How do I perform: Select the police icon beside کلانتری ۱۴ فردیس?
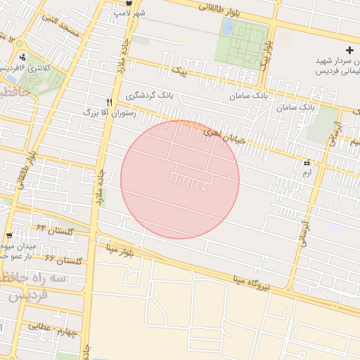tap(23, 57)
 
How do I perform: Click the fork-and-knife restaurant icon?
tap(109, 102)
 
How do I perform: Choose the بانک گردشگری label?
tap(149, 95)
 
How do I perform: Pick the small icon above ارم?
tap(307, 163)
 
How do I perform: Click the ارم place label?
tap(307, 172)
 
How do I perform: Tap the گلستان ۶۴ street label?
tap(51, 229)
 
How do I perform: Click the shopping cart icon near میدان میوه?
tap(8, 236)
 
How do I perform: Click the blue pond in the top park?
tap(228, 27)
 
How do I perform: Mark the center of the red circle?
tap(180, 179)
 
